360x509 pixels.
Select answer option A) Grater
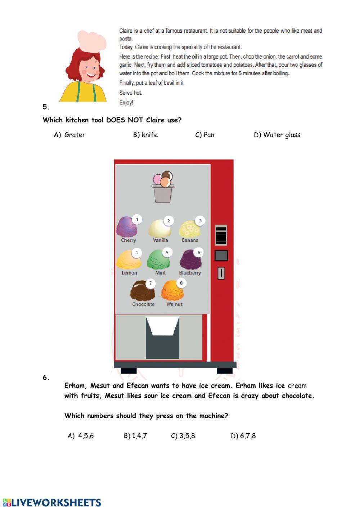pos(70,135)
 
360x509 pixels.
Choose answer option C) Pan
pos(205,135)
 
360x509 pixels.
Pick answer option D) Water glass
pos(277,135)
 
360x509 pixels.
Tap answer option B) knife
pos(145,135)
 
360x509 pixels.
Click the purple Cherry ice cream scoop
pos(126,227)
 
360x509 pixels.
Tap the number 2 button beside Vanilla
pos(168,220)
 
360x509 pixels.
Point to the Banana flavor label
pos(190,240)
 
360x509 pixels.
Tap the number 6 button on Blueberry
pos(199,253)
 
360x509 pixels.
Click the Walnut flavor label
pos(174,304)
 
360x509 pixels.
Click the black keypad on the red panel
pos(221,235)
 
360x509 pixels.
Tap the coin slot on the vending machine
pos(221,273)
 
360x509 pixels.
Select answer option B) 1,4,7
pos(135,436)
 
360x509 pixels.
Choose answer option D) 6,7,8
pos(243,436)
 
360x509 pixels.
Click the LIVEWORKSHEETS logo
pos(52,503)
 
